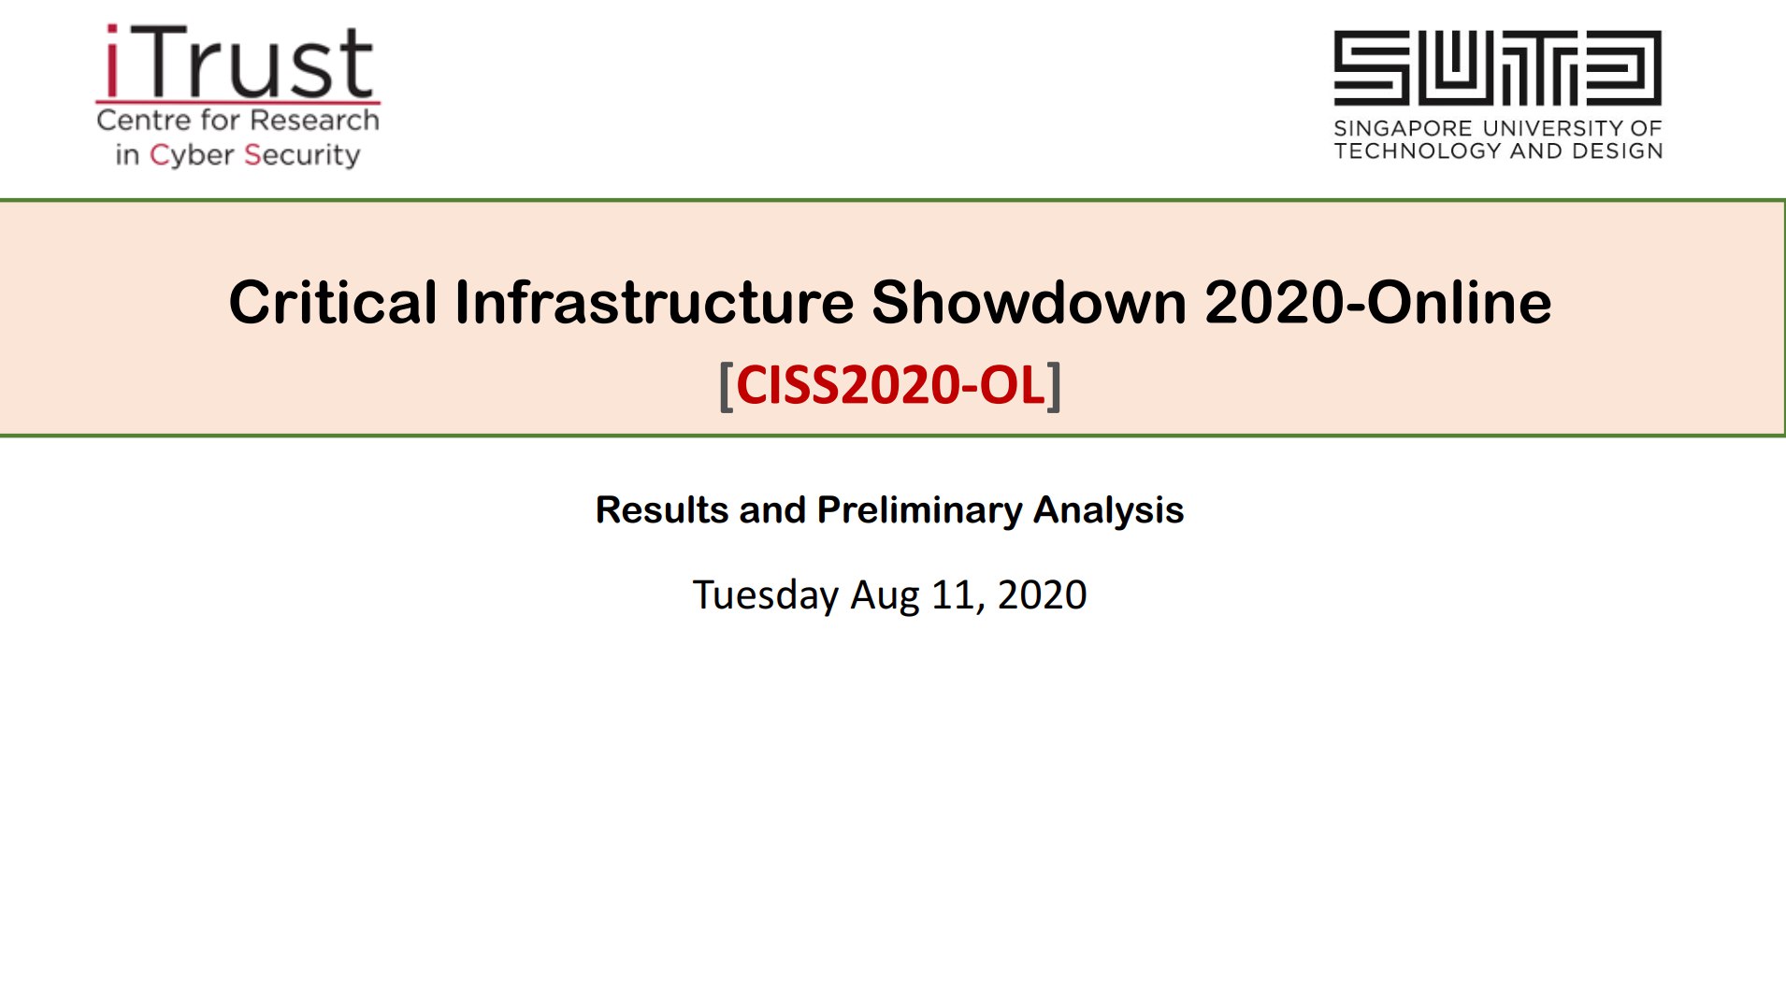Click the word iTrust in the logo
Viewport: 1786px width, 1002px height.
[x=238, y=62]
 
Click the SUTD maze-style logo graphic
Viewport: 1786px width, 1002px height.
[x=1497, y=67]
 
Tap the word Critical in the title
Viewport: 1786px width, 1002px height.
[x=333, y=303]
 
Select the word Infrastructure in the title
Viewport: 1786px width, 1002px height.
[x=655, y=303]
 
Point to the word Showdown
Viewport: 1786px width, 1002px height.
[x=1029, y=303]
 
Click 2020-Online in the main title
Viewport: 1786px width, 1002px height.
[x=1378, y=303]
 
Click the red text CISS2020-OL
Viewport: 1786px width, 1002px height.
[x=890, y=385]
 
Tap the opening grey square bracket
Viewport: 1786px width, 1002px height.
[x=726, y=386]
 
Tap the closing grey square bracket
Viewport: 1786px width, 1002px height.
[x=1055, y=386]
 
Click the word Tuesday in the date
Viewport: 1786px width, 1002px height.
[x=766, y=595]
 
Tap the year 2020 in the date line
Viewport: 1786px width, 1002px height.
[x=1042, y=595]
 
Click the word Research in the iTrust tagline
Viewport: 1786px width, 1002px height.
[x=315, y=120]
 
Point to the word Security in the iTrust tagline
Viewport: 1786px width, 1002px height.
[x=302, y=154]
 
